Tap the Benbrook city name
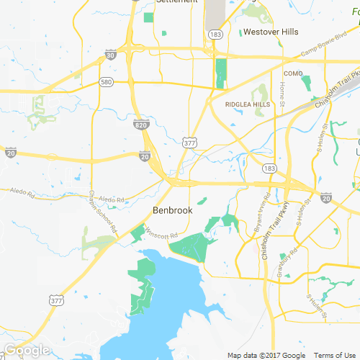click(x=174, y=210)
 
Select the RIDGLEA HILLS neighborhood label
click(x=248, y=104)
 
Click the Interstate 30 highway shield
click(x=109, y=54)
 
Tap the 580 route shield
click(x=107, y=82)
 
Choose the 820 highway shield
click(x=140, y=125)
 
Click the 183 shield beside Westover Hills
click(x=215, y=34)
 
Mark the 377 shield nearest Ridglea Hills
click(x=189, y=142)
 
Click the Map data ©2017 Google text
click(x=267, y=356)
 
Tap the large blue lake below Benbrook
click(x=173, y=295)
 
